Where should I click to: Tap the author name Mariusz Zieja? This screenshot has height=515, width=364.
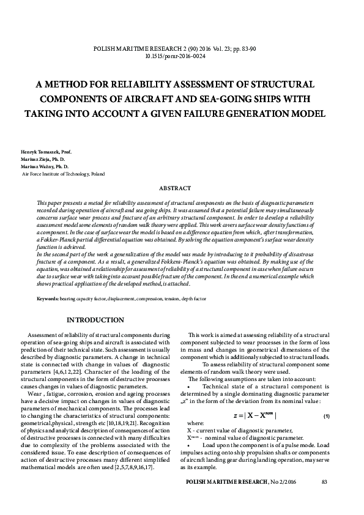click(35, 158)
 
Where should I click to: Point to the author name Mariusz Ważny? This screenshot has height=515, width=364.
click(36, 166)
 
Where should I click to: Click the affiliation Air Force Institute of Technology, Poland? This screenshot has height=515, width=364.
click(63, 174)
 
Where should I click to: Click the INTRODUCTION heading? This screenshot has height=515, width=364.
click(95, 320)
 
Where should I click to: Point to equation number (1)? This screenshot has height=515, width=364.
click(327, 416)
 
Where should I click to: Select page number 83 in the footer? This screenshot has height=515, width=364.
click(324, 483)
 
